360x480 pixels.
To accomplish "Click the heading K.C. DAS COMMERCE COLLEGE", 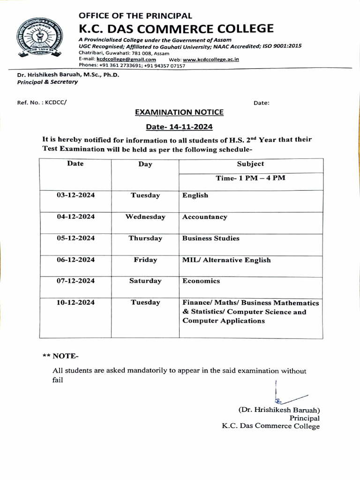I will (176, 29).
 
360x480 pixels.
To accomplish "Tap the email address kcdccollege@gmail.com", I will (126, 60).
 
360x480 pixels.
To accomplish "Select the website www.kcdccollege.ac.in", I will (211, 60).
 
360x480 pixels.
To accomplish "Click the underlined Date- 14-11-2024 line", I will (179, 127).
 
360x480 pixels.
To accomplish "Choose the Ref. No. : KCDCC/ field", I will (42, 103).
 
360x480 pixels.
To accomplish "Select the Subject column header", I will (250, 164).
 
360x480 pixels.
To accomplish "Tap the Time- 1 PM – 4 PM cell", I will (250, 178).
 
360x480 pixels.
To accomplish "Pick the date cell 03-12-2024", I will (75, 195).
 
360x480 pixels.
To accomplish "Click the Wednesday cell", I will (145, 217).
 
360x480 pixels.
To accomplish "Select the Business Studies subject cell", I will (210, 238).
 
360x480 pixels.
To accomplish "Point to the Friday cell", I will (145, 260).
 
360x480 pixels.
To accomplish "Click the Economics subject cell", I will (201, 281).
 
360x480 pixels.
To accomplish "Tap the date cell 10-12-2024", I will (75, 302).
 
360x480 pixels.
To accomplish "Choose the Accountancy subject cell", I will (204, 217).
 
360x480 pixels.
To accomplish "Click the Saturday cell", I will (145, 281).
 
